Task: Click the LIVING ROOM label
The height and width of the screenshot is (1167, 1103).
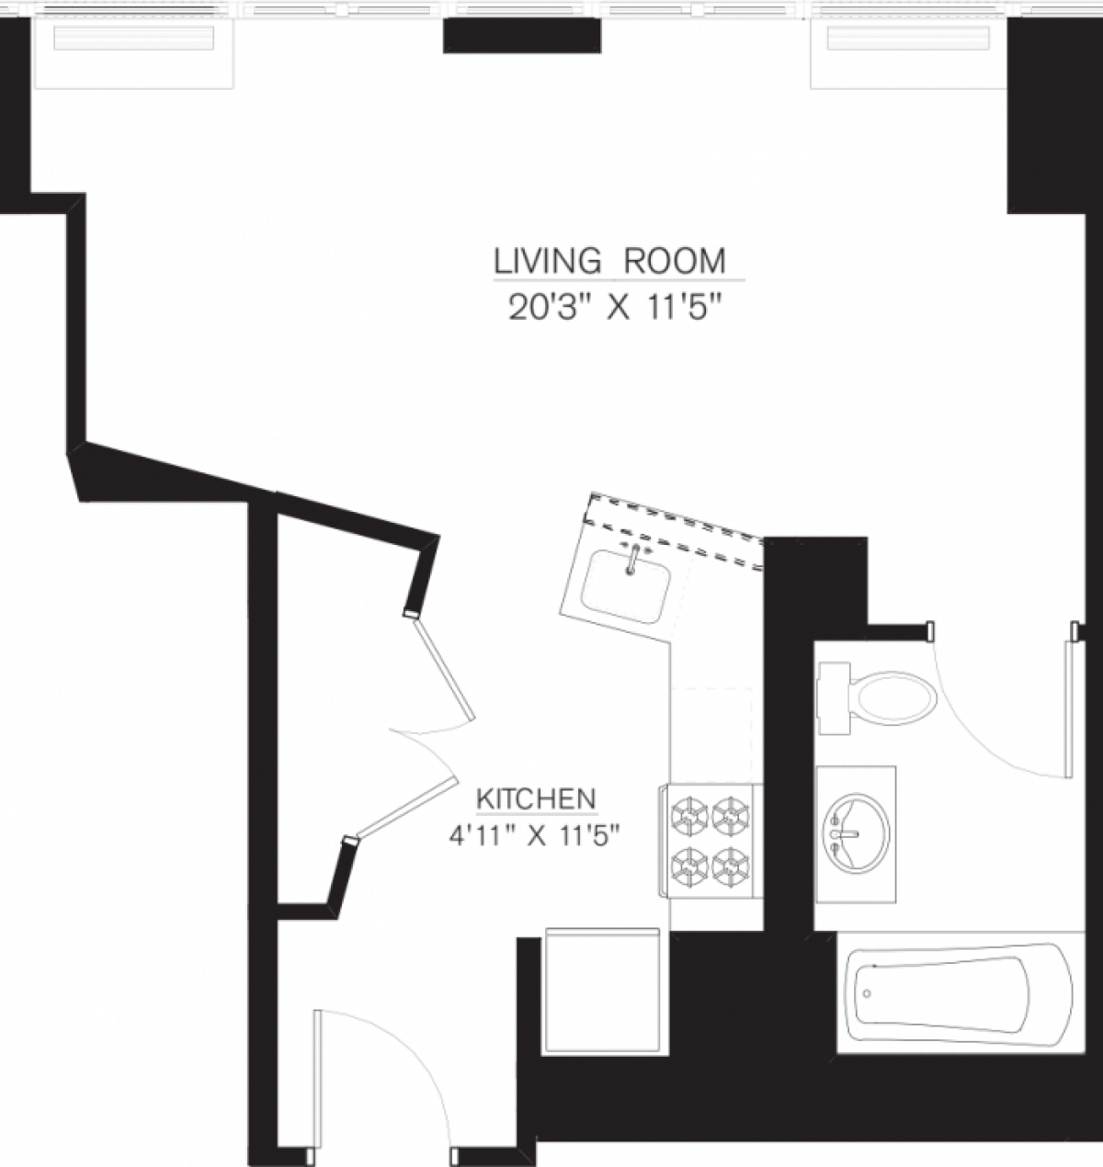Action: [x=609, y=261]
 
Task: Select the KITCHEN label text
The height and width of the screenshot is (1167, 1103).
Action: [x=536, y=799]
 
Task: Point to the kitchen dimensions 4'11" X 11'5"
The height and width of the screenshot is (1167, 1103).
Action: [x=536, y=836]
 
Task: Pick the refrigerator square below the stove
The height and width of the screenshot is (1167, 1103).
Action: [x=602, y=991]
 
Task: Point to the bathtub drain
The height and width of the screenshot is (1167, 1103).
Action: [x=865, y=994]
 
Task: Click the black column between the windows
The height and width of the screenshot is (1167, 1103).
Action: [x=522, y=36]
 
